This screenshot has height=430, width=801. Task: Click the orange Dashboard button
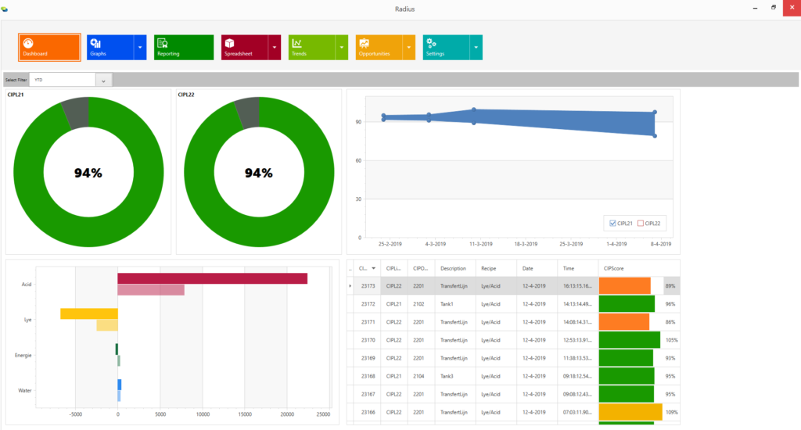49,47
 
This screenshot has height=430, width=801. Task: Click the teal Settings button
446,47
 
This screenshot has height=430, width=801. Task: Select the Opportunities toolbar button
379,47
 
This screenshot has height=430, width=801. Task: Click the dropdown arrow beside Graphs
140,48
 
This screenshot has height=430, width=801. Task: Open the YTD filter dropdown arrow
104,80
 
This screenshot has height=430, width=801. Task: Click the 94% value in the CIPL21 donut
88,173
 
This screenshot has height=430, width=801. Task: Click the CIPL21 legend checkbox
612,224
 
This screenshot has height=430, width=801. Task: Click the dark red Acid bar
212,278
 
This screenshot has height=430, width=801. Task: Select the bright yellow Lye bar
89,314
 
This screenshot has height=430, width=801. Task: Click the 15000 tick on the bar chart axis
244,414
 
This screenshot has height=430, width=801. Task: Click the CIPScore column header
614,268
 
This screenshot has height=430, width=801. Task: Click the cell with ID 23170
368,340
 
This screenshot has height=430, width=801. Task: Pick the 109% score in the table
670,412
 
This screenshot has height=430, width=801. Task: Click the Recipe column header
489,268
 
